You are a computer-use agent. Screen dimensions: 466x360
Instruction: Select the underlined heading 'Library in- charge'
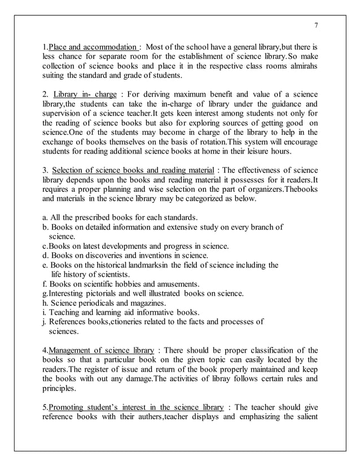point(85,94)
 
